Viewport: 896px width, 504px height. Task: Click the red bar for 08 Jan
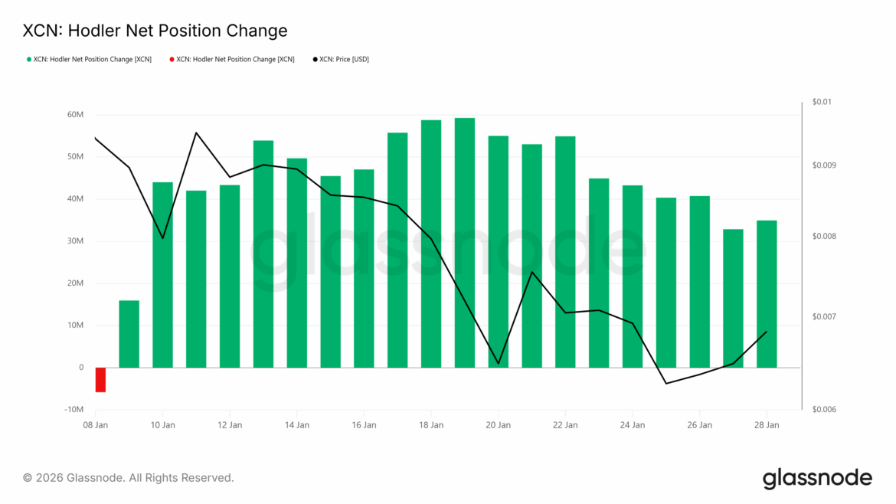point(100,379)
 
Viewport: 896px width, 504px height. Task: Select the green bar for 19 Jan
point(465,243)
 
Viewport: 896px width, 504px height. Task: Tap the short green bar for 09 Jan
point(129,334)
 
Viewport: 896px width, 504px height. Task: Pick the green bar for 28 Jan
point(767,294)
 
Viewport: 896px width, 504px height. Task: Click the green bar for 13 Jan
point(263,254)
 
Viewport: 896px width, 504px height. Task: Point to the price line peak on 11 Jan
point(196,133)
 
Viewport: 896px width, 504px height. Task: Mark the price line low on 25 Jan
point(666,383)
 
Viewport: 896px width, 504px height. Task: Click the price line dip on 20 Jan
point(499,363)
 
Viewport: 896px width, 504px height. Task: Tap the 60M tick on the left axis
point(75,115)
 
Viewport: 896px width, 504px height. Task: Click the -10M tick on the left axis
point(74,410)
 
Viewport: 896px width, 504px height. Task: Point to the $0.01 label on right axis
point(822,102)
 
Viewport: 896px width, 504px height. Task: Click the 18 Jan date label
point(431,424)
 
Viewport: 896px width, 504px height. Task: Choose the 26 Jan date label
point(700,424)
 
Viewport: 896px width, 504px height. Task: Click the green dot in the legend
point(29,59)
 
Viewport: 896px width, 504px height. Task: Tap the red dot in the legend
point(172,59)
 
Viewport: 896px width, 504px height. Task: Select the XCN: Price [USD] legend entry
point(343,59)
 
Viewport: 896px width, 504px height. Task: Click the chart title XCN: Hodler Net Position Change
point(155,31)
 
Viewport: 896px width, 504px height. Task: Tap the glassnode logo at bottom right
point(817,478)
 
